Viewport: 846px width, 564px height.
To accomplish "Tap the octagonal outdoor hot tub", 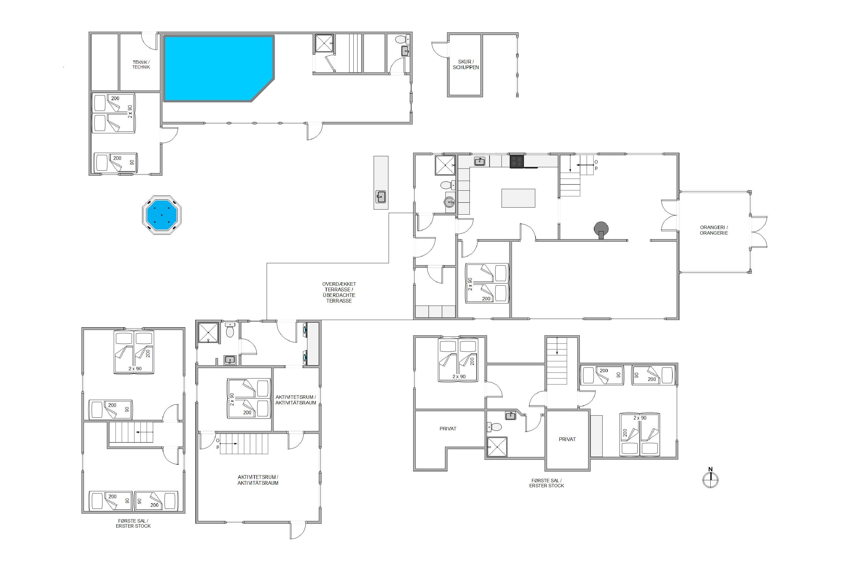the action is click(162, 215).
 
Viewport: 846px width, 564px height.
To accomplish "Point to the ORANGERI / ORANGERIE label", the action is click(714, 230).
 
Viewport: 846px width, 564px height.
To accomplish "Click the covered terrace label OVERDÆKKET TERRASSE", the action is click(339, 287).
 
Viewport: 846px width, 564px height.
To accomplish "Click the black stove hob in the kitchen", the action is click(517, 161).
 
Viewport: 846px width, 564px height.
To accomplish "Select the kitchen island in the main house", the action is click(518, 198).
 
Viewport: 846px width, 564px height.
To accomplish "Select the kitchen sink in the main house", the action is click(479, 162).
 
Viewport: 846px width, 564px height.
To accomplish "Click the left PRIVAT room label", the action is click(448, 429).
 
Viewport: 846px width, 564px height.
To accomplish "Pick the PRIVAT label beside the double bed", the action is click(567, 439).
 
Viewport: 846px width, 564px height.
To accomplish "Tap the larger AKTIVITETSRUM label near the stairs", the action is click(258, 480).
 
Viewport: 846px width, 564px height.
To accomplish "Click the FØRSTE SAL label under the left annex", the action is click(133, 521).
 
